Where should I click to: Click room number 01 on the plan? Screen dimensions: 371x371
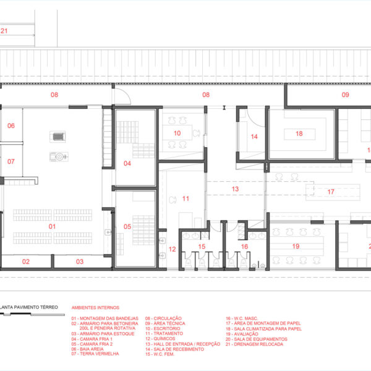(x=52, y=226)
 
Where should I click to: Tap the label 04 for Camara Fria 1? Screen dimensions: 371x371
(x=127, y=163)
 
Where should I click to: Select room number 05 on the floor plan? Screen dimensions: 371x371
(x=127, y=226)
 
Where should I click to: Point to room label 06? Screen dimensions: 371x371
(x=11, y=126)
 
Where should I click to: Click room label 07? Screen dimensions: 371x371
(x=11, y=161)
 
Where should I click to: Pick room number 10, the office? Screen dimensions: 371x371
(x=177, y=133)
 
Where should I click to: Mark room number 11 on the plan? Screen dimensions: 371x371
(x=185, y=198)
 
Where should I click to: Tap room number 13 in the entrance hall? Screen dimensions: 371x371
(x=235, y=189)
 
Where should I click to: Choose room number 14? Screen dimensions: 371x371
(x=254, y=137)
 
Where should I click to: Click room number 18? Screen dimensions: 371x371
(x=299, y=134)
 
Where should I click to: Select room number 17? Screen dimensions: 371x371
(x=331, y=192)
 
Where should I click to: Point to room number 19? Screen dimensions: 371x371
(x=296, y=246)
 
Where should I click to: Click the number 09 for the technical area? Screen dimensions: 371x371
(x=346, y=95)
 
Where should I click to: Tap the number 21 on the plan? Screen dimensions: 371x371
(x=4, y=31)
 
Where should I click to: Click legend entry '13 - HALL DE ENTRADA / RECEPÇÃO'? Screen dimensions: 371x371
(x=182, y=344)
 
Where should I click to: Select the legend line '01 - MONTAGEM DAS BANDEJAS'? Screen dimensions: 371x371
(x=105, y=318)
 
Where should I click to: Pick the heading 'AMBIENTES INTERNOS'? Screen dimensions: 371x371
(x=95, y=307)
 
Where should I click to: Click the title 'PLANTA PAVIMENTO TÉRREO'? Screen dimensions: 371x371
(x=29, y=307)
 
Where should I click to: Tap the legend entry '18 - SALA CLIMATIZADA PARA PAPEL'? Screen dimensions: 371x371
(x=263, y=329)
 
